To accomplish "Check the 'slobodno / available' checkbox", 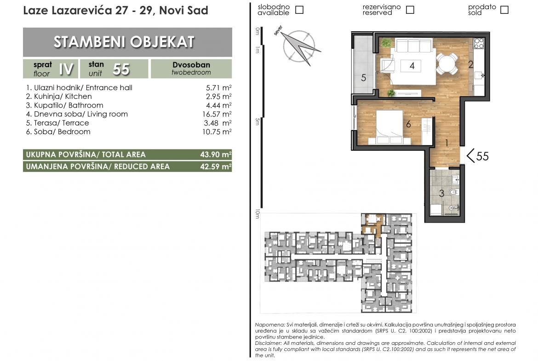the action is (x=299, y=10).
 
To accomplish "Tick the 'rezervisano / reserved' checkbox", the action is (x=410, y=10).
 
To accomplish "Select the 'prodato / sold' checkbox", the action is (x=504, y=10).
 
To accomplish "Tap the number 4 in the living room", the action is (x=412, y=66).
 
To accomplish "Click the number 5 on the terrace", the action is (x=364, y=78).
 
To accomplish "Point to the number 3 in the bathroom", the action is (x=441, y=194).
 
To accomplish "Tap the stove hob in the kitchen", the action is (x=479, y=44).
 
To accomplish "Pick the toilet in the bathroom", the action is (x=454, y=192).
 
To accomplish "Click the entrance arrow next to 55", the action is (x=470, y=156).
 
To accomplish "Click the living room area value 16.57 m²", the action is (x=217, y=114).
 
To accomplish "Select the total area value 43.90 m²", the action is (x=216, y=155).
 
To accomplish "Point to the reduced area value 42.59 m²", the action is (x=216, y=166).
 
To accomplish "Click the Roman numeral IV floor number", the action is (x=66, y=69).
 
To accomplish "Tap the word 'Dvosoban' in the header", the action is (x=191, y=65).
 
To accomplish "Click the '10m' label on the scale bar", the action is (x=258, y=214).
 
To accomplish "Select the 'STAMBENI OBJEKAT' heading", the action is (x=124, y=42).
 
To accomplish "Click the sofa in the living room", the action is (x=413, y=46).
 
